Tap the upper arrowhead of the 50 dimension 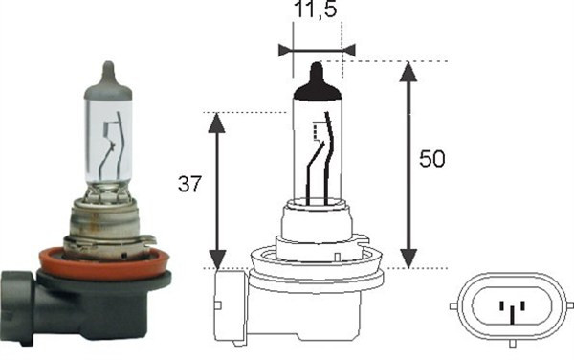[409, 71]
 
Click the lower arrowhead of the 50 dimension [409, 259]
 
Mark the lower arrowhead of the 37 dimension [218, 259]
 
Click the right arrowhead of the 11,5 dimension [347, 49]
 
